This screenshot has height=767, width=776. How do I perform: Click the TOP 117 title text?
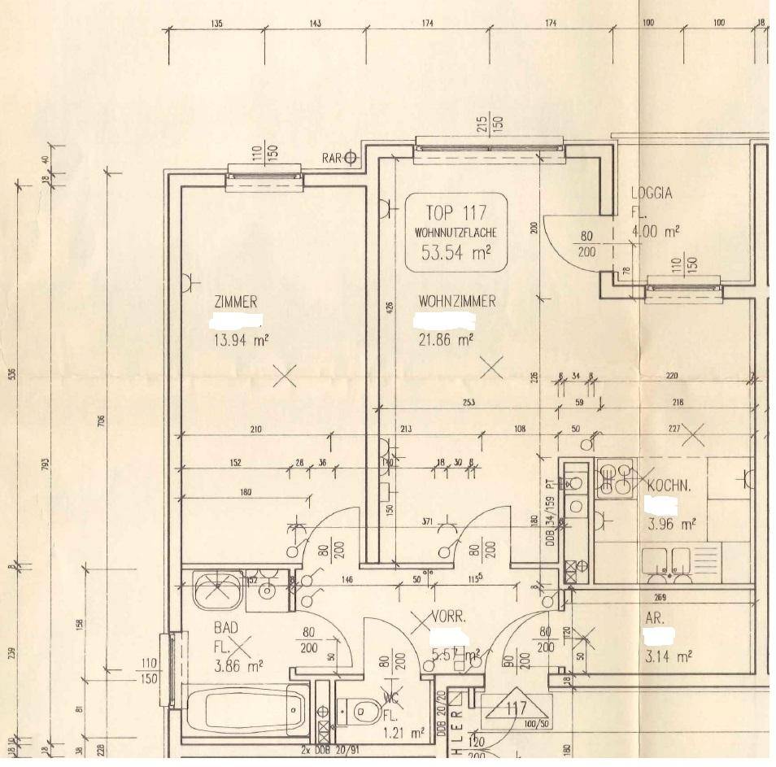coord(456,213)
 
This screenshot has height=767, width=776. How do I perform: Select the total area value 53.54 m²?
coord(456,252)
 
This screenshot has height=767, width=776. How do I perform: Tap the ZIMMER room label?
coord(236,302)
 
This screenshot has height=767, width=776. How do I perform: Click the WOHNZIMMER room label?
coord(457,302)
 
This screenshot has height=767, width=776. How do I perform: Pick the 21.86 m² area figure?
coord(446,340)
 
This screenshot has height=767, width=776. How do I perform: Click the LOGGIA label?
coord(652,194)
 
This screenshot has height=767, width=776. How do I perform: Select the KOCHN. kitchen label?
coord(669,486)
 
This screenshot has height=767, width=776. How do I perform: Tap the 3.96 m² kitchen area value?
coord(671,525)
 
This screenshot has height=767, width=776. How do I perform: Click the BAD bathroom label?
coord(225,628)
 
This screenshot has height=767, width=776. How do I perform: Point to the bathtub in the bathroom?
coord(246,710)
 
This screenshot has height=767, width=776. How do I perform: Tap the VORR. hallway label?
coord(448,617)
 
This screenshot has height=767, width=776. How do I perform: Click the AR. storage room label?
coord(654,619)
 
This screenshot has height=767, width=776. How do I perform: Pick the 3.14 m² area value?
coord(669,656)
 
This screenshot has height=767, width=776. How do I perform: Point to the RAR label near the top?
coord(331,158)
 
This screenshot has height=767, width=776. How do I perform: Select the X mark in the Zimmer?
coord(284,376)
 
